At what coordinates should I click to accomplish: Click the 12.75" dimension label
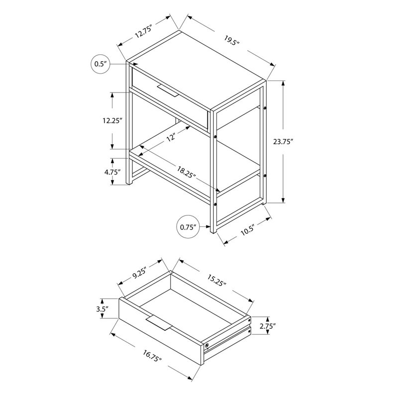pos(143,31)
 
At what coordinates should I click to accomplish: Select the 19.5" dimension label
pos(232,40)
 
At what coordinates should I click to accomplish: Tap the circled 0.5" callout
pos(100,64)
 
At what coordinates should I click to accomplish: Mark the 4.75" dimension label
pos(112,172)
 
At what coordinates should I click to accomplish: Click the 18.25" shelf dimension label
pos(187,172)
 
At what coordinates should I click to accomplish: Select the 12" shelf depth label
pos(171,137)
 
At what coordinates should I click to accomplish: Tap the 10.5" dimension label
pos(247,231)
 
